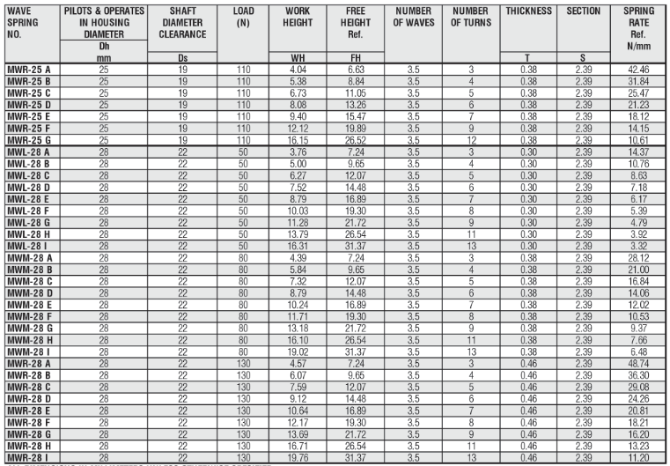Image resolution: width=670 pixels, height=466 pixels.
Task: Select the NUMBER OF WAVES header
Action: coord(413,17)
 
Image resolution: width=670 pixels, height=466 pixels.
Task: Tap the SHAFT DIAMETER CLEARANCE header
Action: coord(182,23)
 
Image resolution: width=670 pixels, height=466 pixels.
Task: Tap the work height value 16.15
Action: coord(298,139)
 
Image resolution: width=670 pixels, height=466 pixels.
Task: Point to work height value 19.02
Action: coord(298,351)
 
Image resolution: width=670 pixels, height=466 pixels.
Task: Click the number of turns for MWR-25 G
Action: coord(471,139)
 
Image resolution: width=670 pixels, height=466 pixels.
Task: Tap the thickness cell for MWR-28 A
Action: coord(528,363)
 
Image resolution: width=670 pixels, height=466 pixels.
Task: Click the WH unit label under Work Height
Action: coord(298,57)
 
